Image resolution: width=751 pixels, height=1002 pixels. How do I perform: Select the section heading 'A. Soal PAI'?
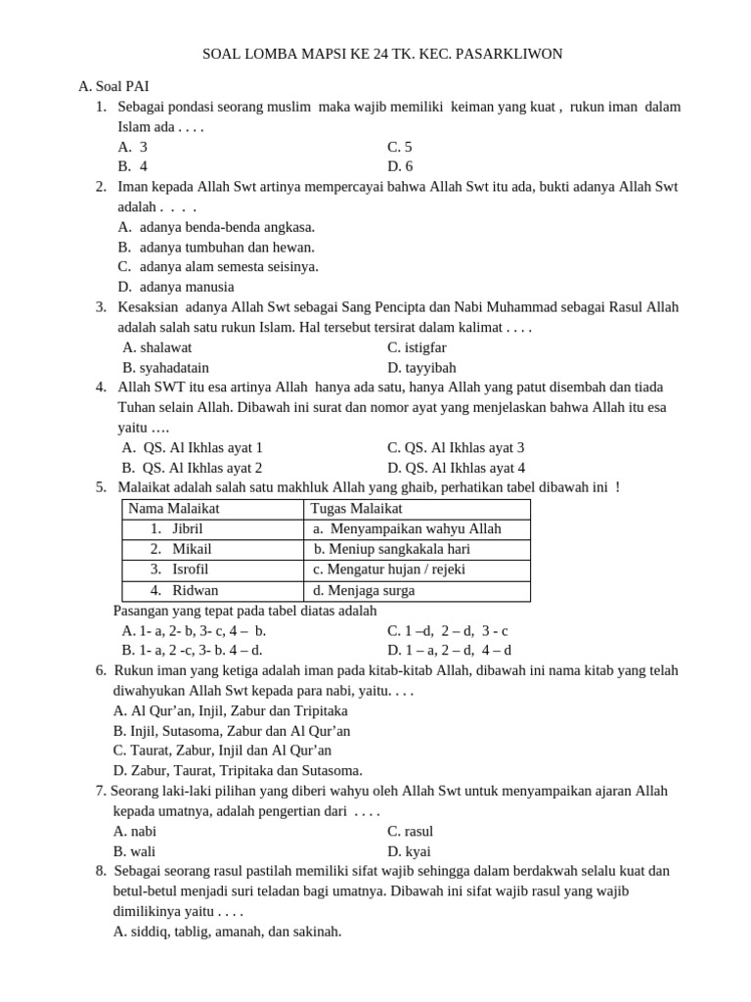pos(113,86)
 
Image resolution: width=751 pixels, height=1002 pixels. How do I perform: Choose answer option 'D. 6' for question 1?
pos(400,166)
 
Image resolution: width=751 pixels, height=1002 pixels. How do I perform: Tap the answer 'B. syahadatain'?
pos(165,368)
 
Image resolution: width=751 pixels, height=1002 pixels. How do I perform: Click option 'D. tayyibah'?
pos(421,368)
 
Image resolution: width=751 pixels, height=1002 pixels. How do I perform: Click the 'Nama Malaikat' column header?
pos(174,509)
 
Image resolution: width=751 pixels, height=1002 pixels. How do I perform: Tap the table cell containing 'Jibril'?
pos(187,529)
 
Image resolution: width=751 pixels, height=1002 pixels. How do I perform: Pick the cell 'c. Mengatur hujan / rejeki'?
pos(388,569)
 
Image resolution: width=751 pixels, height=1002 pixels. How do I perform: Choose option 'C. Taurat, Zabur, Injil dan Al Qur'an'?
pos(222,751)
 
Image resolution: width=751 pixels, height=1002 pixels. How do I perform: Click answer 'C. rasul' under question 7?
pos(411,831)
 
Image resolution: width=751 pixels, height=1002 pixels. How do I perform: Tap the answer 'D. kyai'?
pos(409,851)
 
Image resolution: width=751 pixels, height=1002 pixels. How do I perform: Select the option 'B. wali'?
pos(135,851)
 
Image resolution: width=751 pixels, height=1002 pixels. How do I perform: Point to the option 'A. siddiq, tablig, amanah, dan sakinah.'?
pos(228,932)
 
